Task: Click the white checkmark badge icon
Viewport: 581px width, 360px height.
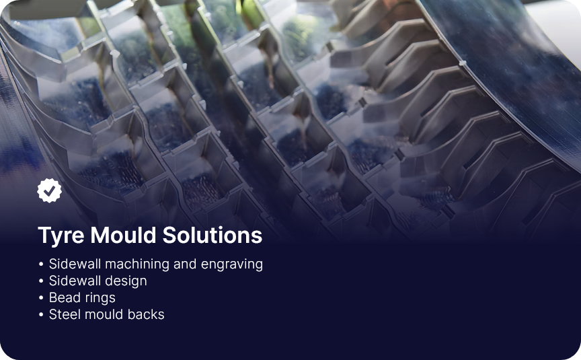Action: [49, 190]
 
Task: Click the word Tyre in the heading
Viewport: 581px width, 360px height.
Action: [61, 236]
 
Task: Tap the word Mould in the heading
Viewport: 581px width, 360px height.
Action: [123, 235]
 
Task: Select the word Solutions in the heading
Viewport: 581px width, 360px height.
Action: [212, 235]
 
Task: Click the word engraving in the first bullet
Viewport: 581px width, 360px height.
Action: [231, 264]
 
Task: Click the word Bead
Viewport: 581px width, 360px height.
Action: [61, 297]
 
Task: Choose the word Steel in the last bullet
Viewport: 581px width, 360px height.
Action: [63, 314]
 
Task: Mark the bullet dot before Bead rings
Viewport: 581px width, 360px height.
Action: [41, 298]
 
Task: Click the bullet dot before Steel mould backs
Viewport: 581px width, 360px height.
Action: [41, 315]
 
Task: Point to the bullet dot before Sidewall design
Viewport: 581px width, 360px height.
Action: [41, 281]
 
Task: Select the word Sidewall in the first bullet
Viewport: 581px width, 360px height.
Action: [75, 264]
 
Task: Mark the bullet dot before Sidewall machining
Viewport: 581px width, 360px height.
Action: [41, 264]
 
